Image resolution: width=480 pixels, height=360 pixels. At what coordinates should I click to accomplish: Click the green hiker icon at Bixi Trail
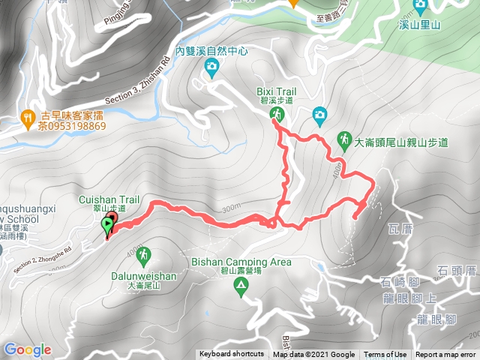277,114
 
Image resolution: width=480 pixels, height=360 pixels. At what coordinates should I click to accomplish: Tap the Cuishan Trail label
109,200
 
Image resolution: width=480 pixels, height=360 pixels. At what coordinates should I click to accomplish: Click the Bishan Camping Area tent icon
241,285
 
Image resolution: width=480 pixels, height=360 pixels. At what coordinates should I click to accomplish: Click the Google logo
27,349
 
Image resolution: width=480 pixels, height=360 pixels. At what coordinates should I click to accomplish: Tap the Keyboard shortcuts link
232,355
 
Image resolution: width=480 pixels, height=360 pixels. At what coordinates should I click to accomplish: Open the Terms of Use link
385,355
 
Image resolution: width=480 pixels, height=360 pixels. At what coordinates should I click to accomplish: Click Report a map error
445,355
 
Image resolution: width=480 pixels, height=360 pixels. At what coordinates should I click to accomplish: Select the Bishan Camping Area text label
241,262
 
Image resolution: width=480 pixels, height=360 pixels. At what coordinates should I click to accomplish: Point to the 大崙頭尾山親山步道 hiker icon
344,139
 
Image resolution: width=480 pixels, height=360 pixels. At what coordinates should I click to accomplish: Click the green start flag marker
107,224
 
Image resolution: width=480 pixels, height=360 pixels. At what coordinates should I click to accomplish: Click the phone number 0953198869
73,126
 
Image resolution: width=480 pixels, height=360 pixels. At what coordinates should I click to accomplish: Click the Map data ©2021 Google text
313,355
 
